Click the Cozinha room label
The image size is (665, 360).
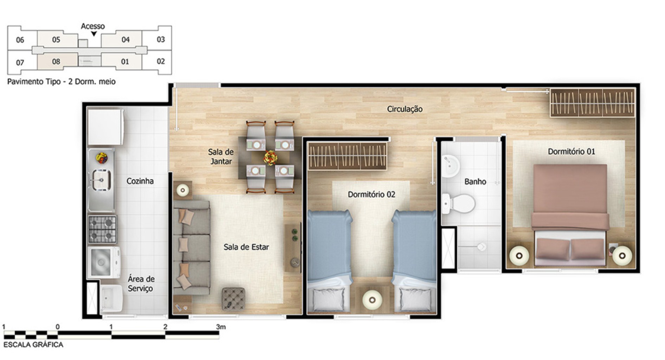[x=140, y=181]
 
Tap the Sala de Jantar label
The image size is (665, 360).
[x=221, y=157]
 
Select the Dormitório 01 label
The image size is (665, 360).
[x=571, y=152]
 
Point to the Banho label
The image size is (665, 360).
[x=475, y=182]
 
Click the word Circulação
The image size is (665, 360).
[x=405, y=109]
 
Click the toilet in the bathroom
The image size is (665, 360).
[x=460, y=204]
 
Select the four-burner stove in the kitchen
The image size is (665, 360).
[x=102, y=229]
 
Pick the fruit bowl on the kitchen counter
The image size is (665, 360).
[x=102, y=157]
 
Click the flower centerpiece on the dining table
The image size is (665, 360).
[x=270, y=157]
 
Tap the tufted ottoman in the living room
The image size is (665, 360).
[x=233, y=299]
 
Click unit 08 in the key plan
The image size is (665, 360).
[x=56, y=62]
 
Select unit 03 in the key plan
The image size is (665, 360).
[x=161, y=39]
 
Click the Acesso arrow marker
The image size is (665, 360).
[x=94, y=34]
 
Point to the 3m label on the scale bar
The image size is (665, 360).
[x=221, y=327]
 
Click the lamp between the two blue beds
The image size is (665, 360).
[x=372, y=300]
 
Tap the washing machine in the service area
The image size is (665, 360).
[x=104, y=262]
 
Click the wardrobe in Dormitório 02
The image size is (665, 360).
[x=347, y=156]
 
